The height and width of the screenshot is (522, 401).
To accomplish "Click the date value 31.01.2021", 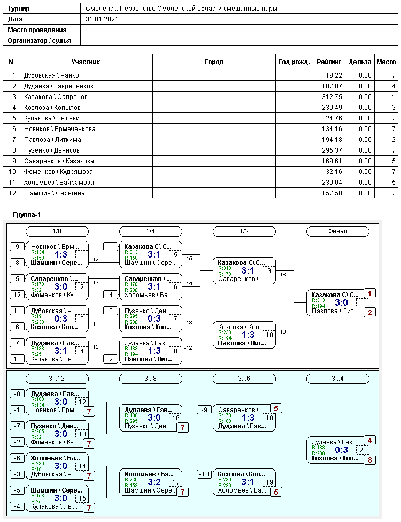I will click(x=101, y=19).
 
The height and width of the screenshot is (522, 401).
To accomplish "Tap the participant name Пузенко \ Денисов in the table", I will click(x=52, y=150).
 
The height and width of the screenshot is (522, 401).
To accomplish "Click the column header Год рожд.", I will click(x=294, y=62).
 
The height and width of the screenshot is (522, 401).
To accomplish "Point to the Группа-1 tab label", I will click(x=27, y=215).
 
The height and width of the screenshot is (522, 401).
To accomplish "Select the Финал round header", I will click(x=337, y=231).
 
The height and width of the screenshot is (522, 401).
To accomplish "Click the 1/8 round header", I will click(x=57, y=231).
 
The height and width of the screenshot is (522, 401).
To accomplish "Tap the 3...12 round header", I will click(x=57, y=379).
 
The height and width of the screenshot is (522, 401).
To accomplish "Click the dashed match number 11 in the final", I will click(x=363, y=303).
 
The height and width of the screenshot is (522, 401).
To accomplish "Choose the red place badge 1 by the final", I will click(x=370, y=293).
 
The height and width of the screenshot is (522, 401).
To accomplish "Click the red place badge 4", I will click(x=370, y=441).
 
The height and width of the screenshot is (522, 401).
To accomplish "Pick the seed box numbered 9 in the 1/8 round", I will click(x=17, y=246).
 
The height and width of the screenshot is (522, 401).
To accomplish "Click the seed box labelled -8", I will click(x=17, y=394).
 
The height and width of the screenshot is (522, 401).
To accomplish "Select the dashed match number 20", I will click(x=363, y=450).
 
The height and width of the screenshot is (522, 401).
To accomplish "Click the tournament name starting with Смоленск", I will click(x=182, y=9).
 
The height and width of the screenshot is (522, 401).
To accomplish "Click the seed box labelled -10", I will click(x=204, y=474).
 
